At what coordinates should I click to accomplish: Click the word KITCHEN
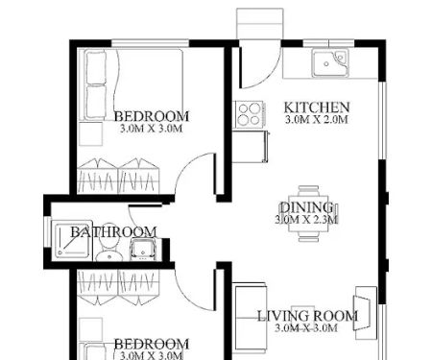coord(317,107)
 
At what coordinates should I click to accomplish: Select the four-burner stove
coord(249,114)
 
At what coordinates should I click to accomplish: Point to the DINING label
coord(305,207)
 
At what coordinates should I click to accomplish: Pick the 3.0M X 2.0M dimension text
coord(317,120)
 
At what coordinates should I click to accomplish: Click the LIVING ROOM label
coord(307,316)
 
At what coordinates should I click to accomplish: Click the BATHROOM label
coord(113,232)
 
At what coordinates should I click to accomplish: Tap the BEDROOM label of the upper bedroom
coord(151,115)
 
